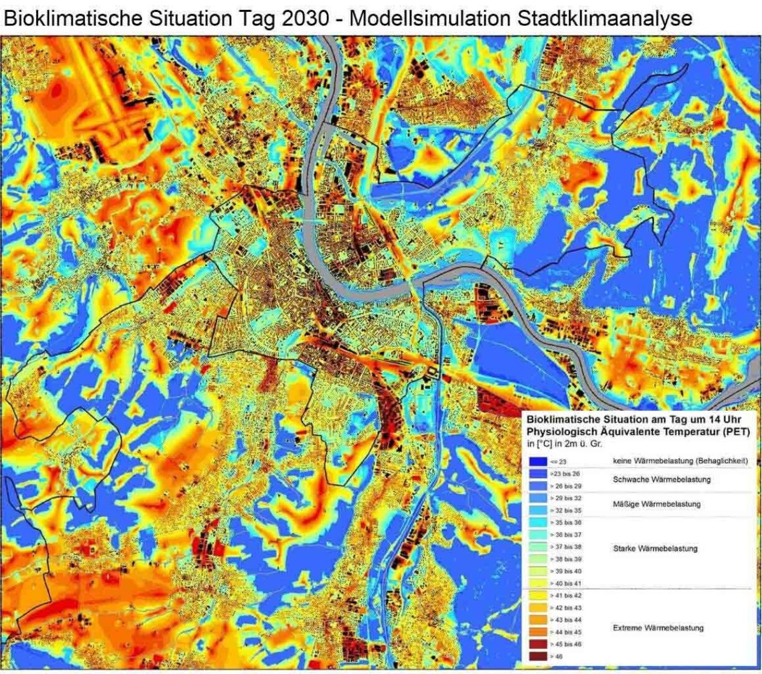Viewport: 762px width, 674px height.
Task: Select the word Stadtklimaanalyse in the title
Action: (604, 18)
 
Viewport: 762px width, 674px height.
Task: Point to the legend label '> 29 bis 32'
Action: (565, 498)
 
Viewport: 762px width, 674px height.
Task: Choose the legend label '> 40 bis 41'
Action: (565, 584)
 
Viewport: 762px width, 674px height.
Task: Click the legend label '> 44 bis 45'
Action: (565, 632)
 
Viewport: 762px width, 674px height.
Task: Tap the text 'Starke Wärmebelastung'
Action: (655, 549)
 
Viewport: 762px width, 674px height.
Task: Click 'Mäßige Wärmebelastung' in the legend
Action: (657, 504)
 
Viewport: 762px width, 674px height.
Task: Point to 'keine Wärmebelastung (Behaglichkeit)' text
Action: (680, 461)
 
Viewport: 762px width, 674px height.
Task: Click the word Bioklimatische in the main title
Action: (73, 18)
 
